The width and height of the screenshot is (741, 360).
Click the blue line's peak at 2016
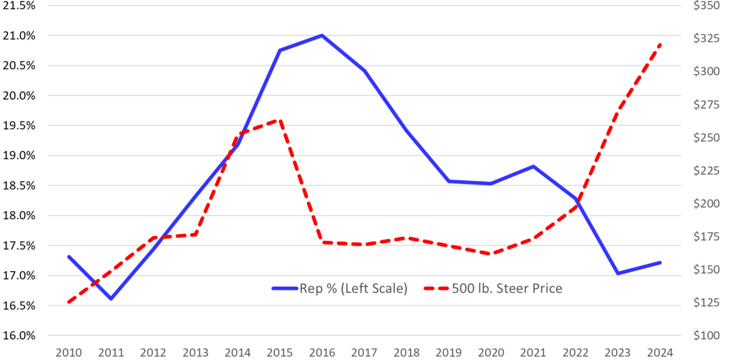322,35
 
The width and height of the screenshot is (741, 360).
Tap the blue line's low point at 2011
111,299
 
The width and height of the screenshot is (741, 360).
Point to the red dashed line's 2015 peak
280,120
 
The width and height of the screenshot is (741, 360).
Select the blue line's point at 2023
618,273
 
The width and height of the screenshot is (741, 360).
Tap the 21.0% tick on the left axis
19,36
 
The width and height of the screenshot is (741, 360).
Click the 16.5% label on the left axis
19,306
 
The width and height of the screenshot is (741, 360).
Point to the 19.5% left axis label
19,126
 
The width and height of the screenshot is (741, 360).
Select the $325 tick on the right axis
707,38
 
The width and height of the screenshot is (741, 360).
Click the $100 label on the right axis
707,335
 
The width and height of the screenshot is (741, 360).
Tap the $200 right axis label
707,203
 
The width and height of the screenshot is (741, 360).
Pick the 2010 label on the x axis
69,352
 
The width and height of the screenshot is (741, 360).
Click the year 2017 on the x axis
364,352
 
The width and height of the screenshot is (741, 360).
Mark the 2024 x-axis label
660,352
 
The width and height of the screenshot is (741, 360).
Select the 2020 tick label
491,352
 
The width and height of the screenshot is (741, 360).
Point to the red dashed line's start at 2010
69,302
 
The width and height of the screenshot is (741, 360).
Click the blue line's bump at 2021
533,166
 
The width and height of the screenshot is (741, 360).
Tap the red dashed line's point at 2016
322,243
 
